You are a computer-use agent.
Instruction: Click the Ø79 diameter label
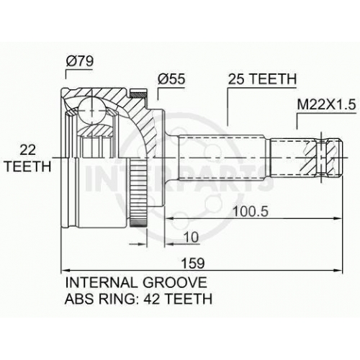(x=80, y=61)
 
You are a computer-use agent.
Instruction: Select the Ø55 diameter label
(x=171, y=78)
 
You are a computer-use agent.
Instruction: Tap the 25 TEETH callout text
(x=262, y=78)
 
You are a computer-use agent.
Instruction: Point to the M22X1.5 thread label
(x=326, y=104)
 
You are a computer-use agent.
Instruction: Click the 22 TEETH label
(x=28, y=158)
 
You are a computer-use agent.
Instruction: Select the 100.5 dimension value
(x=251, y=212)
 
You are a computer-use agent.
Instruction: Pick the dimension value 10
(x=192, y=237)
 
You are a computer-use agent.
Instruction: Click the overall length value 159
(x=193, y=263)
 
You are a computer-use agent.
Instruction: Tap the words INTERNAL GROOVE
(x=136, y=282)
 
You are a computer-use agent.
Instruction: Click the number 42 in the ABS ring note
(x=153, y=299)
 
